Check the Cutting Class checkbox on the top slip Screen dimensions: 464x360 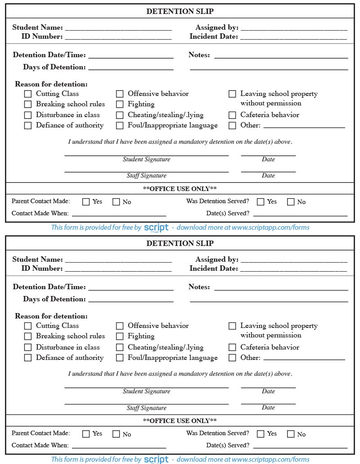pyautogui.click(x=28, y=94)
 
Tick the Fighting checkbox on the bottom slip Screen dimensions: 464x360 pyautogui.click(x=120, y=336)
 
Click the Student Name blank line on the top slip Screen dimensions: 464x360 pyautogui.click(x=118, y=28)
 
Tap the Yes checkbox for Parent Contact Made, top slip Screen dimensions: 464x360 pyautogui.click(x=86, y=202)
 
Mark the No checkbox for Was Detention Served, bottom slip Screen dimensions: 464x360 pyautogui.click(x=291, y=434)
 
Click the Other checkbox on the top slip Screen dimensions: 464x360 pyautogui.click(x=232, y=126)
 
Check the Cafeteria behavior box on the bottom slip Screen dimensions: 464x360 pyautogui.click(x=232, y=347)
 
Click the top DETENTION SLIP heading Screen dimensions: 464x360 pyautogui.click(x=180, y=12)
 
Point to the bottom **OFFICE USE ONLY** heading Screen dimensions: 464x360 pyautogui.click(x=180, y=421)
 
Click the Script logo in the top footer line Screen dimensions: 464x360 pyautogui.click(x=156, y=227)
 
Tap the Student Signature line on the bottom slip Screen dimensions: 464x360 pyautogui.click(x=146, y=387)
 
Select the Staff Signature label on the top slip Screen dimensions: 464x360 pyautogui.click(x=146, y=176)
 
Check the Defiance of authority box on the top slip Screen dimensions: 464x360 pyautogui.click(x=28, y=126)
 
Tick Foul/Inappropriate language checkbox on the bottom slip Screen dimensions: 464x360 pyautogui.click(x=120, y=358)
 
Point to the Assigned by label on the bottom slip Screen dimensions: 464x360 pyautogui.click(x=217, y=259)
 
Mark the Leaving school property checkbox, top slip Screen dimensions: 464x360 pyautogui.click(x=232, y=94)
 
